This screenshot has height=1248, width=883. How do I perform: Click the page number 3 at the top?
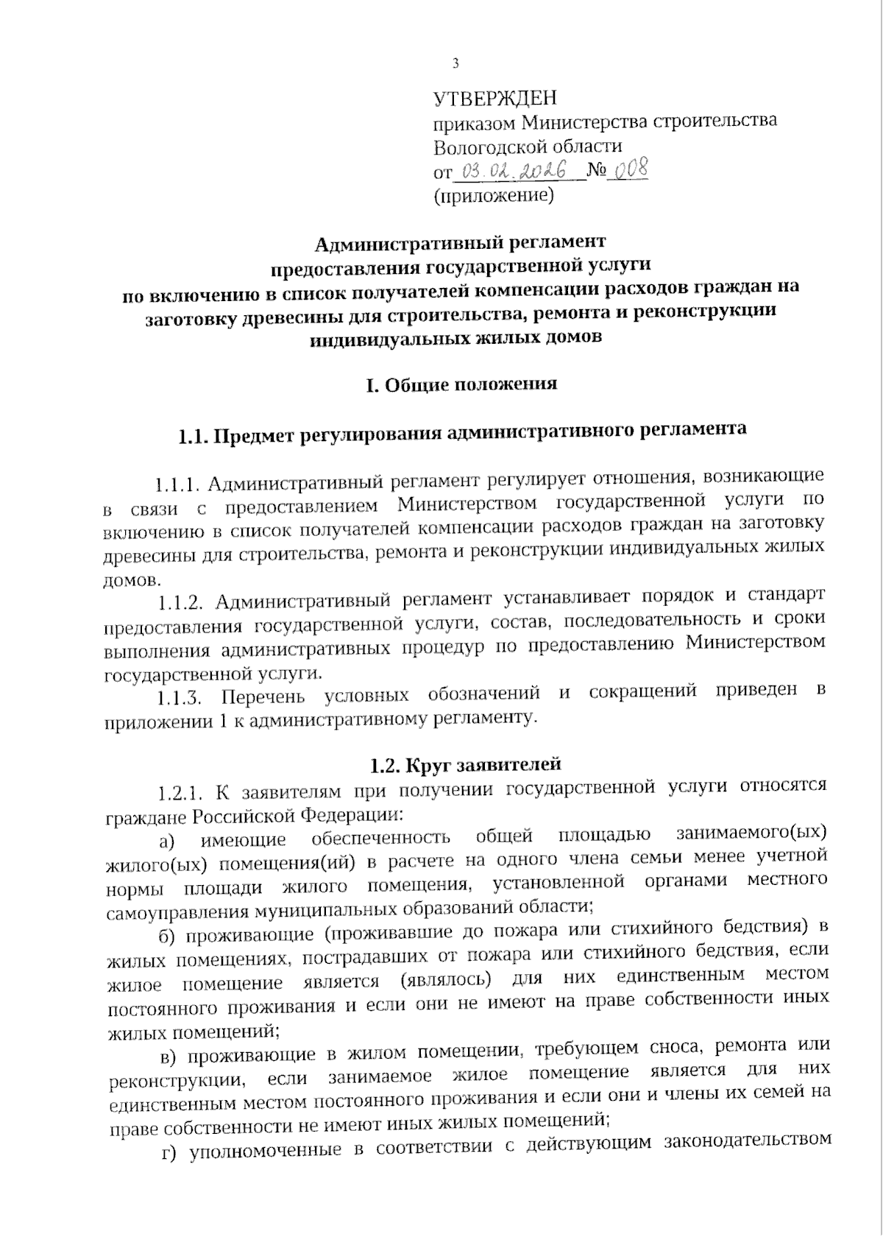point(455,64)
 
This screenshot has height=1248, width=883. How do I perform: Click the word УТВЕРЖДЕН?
point(495,99)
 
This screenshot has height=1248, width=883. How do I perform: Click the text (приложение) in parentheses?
point(494,197)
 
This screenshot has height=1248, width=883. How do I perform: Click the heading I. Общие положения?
point(461,384)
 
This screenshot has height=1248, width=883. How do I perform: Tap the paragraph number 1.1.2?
point(181,602)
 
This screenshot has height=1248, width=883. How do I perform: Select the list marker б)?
point(168,936)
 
